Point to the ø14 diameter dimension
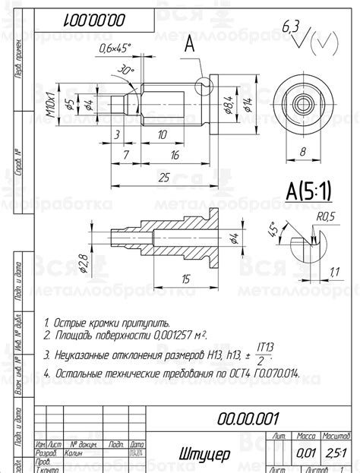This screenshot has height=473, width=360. (247, 103)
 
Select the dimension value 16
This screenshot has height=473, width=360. (174, 155)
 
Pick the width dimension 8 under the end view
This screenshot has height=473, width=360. (302, 151)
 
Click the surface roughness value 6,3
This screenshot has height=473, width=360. (290, 28)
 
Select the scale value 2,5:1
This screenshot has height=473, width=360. (334, 453)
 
